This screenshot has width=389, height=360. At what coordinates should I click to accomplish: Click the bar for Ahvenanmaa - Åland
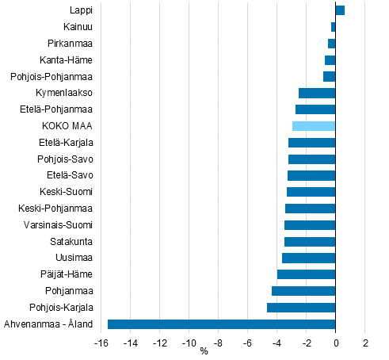click(221, 324)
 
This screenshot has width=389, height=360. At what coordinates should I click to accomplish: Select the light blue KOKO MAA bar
click(314, 126)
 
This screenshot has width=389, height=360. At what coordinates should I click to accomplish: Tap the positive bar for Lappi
click(340, 10)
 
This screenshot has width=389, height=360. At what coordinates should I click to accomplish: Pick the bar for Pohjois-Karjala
click(301, 307)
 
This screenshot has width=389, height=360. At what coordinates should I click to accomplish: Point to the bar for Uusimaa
click(308, 258)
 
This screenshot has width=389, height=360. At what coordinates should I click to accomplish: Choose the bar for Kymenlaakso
click(317, 93)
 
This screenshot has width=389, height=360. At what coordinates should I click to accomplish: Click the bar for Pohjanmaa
click(303, 291)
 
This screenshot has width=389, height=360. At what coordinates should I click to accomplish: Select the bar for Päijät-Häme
click(306, 274)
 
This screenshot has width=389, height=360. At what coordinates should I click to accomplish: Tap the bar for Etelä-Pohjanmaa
click(315, 109)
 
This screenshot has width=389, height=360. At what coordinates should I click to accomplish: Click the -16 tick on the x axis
click(101, 343)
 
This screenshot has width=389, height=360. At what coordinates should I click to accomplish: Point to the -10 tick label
click(189, 343)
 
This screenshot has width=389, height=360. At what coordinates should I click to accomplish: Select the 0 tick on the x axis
click(336, 343)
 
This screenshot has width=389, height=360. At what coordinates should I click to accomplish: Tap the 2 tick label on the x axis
click(365, 343)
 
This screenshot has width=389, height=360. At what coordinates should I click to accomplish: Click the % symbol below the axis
click(204, 352)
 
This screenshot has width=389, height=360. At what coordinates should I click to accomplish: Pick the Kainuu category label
click(77, 27)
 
